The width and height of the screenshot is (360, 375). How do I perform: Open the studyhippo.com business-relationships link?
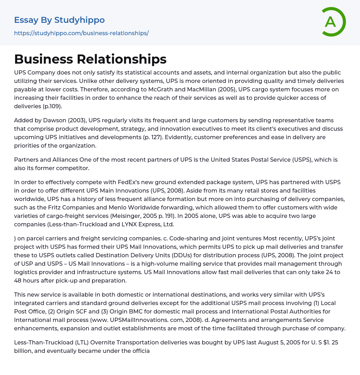(x=81, y=33)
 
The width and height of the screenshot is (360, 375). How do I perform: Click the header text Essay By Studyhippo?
(x=59, y=20)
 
